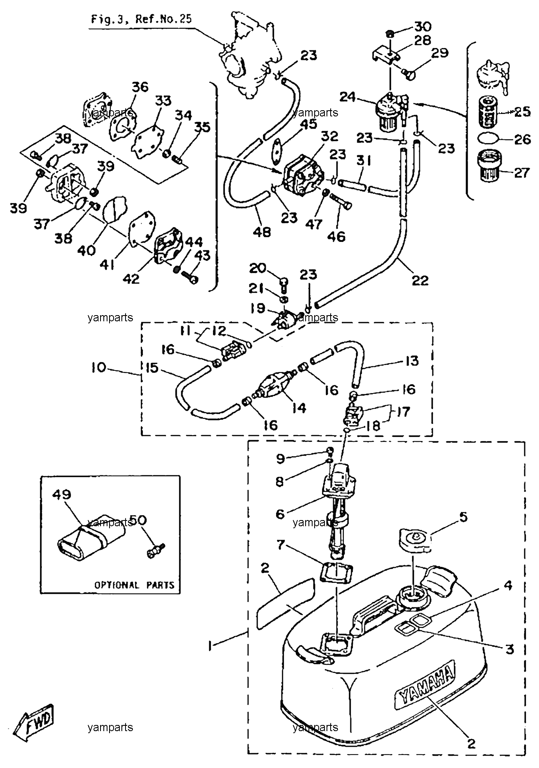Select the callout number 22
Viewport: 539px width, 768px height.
[420, 280]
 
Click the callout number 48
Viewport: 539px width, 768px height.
[262, 232]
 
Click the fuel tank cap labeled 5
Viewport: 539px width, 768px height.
[415, 539]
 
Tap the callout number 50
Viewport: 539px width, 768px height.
[138, 520]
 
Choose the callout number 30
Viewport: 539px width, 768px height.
[423, 27]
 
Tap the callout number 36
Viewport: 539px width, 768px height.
[140, 87]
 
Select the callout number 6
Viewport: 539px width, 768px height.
[280, 514]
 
